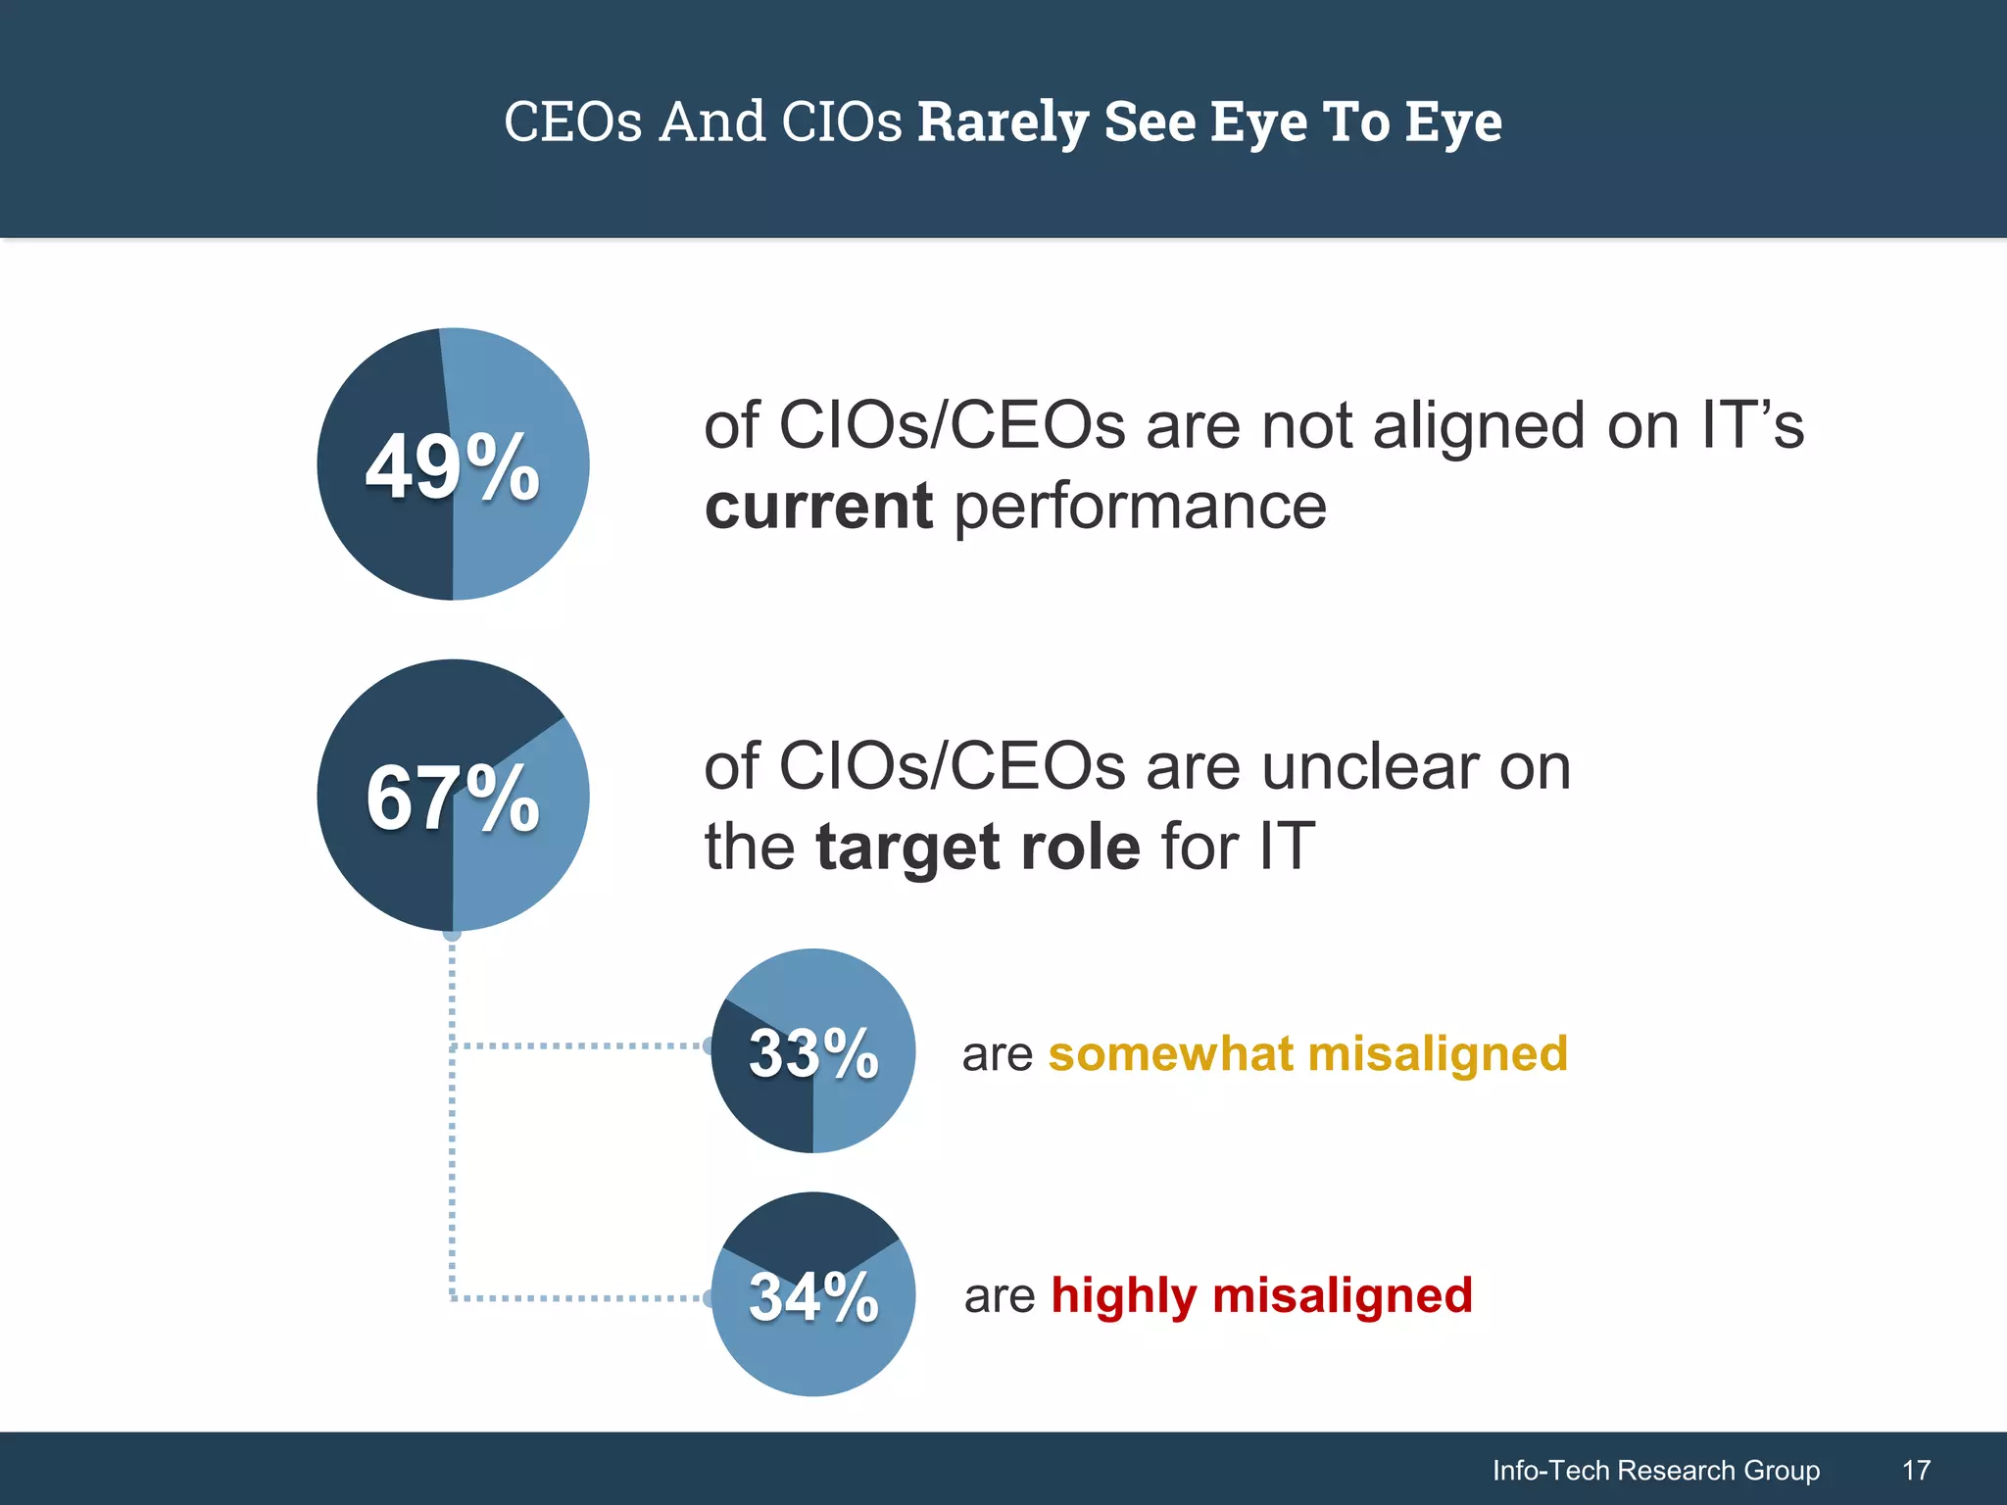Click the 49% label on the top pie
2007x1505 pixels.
[x=453, y=467]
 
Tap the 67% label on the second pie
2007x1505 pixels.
[x=453, y=799]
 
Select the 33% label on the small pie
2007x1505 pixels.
[x=813, y=1054]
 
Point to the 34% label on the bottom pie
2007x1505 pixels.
[x=813, y=1297]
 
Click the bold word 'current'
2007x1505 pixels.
[x=818, y=507]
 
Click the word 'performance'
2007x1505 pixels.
[x=1140, y=509]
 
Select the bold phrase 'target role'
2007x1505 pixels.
[x=977, y=847]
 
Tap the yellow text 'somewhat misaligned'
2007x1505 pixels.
[x=1307, y=1054]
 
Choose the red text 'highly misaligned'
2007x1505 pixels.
[x=1261, y=1295]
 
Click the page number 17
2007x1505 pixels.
[x=1916, y=1470]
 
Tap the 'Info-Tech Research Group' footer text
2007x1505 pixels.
[x=1655, y=1470]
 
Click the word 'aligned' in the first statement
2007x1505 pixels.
[x=1478, y=427]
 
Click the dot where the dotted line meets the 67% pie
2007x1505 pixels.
[x=453, y=934]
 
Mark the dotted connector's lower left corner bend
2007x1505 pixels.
[x=453, y=1298]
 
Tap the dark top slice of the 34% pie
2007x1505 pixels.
[x=811, y=1229]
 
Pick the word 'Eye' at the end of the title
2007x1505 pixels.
[x=1453, y=122]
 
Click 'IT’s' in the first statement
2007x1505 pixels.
[x=1752, y=427]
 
